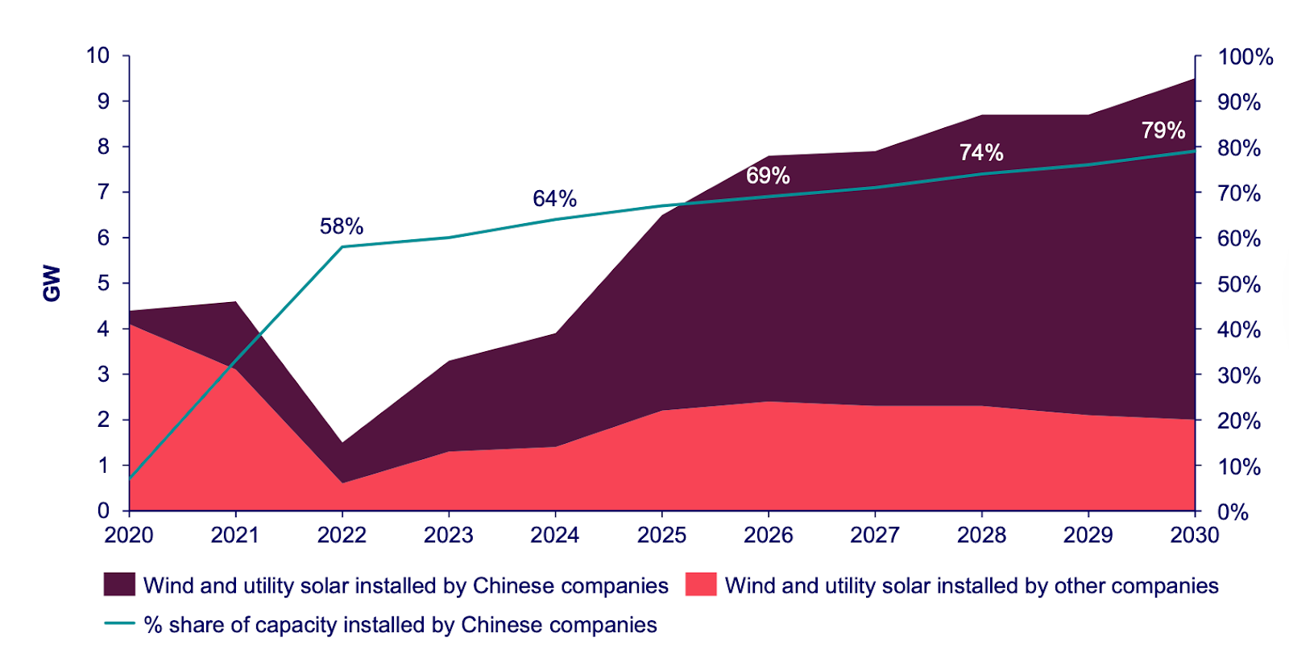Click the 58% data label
click(342, 226)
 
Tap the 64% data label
click(554, 198)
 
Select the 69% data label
click(768, 176)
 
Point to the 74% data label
click(981, 152)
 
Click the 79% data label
click(1163, 130)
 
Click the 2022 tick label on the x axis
click(342, 535)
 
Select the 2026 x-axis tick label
click(768, 535)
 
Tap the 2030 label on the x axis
click(1194, 535)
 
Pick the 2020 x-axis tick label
click(129, 535)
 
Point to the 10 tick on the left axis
click(98, 56)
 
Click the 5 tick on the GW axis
click(103, 284)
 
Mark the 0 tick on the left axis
click(103, 511)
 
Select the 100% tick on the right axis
click(1245, 57)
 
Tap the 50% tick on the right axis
click(1239, 284)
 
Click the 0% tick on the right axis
click(1233, 512)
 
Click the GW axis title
click(52, 284)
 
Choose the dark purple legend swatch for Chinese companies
click(119, 585)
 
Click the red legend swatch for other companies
click(701, 585)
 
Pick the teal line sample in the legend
click(119, 623)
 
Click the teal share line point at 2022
click(342, 246)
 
